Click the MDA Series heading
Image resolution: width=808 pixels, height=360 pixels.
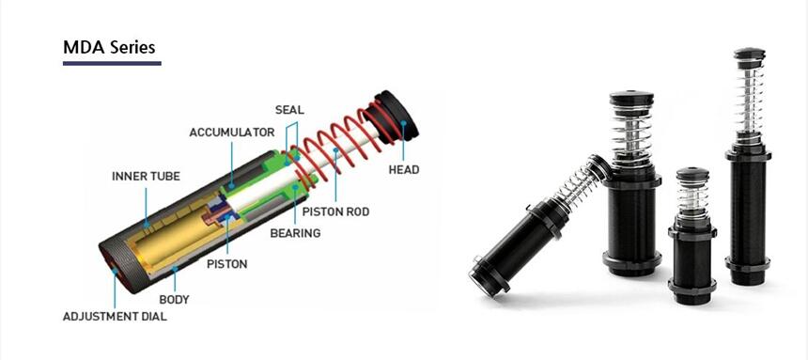coord(109,47)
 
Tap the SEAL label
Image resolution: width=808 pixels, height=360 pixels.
coord(289,110)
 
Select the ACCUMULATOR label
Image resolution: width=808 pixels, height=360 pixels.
coord(232,133)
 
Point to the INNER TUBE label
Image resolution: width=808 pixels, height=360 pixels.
coord(146,177)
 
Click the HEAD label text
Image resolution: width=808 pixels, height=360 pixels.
coord(404,169)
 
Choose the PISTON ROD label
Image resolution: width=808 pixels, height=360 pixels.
coord(335,211)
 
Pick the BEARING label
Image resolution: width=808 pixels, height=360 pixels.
coord(295,233)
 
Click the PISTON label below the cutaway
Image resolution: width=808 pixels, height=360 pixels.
coord(226,264)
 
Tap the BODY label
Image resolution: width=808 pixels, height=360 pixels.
coord(174,299)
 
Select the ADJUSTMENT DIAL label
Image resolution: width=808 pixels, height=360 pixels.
coord(115,317)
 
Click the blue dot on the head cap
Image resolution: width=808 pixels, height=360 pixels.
coord(403,123)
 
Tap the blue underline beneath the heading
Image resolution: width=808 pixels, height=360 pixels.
coord(112,63)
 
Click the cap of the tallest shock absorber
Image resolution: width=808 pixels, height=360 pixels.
coord(749,55)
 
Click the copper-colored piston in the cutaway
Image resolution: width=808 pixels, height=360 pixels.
coord(215,214)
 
